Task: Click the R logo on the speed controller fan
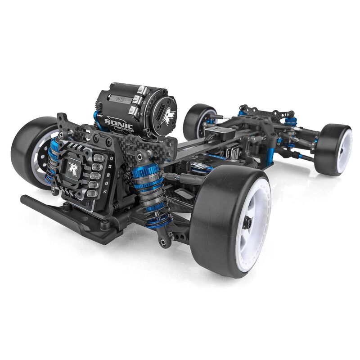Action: [72, 170]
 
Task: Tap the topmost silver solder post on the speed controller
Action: [99, 158]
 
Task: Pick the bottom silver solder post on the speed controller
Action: [93, 193]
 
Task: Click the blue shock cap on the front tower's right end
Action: [291, 121]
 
